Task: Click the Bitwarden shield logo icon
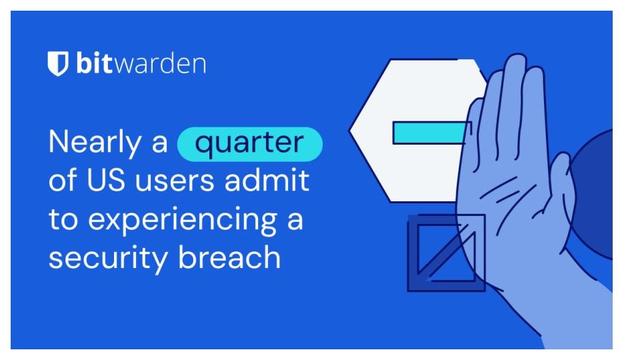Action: (57, 64)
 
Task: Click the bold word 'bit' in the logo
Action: (94, 63)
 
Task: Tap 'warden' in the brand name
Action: (159, 63)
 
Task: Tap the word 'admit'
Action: (267, 179)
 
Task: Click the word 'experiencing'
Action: (183, 221)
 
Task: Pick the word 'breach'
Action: (230, 257)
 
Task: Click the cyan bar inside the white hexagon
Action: (429, 133)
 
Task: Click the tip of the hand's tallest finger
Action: (516, 55)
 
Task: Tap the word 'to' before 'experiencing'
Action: (63, 219)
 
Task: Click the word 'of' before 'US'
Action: (63, 179)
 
